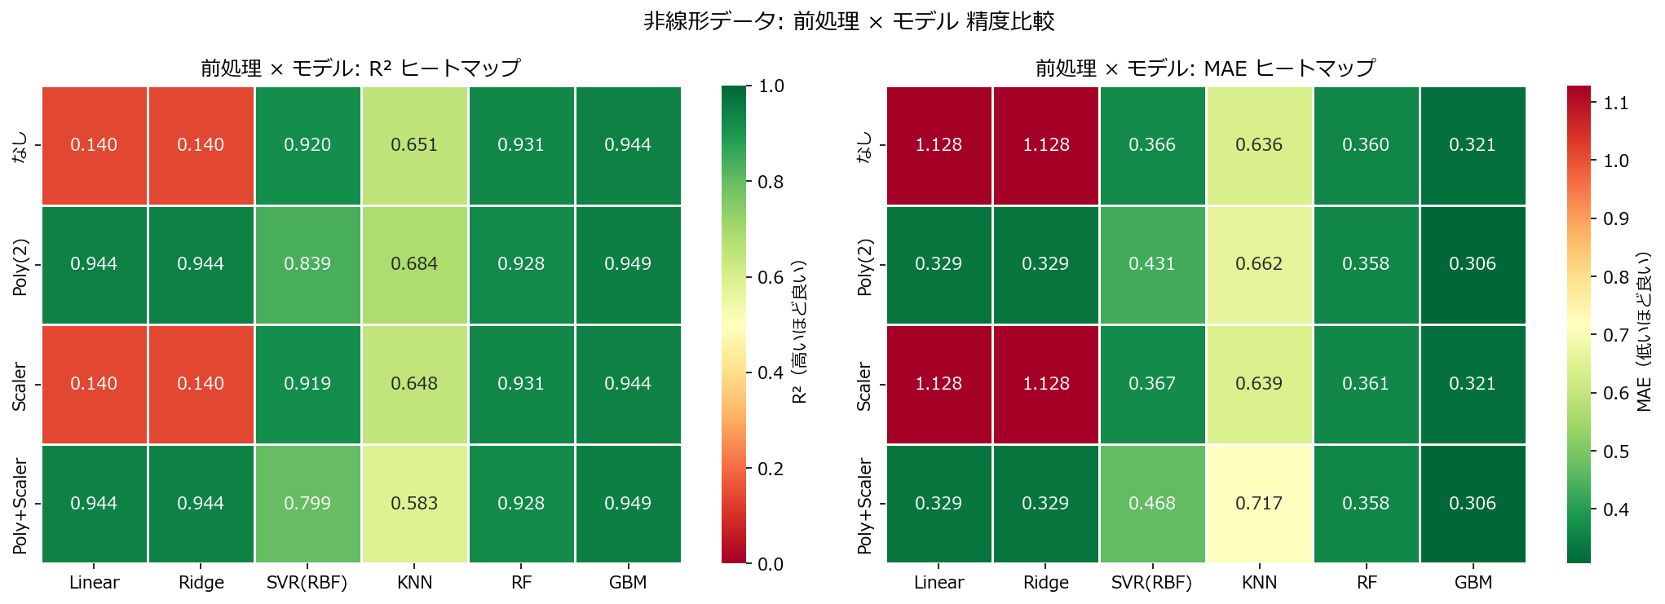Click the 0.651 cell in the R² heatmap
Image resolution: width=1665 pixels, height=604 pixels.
coord(414,145)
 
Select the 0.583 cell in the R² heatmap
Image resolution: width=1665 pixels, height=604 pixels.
coord(414,504)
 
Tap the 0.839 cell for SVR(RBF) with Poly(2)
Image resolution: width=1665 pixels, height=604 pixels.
coord(307,264)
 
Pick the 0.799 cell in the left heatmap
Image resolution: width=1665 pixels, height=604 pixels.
coord(307,504)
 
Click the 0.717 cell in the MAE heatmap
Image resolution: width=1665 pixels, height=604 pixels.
coord(1259,504)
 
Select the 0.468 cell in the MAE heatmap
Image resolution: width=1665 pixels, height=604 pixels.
coord(1152,504)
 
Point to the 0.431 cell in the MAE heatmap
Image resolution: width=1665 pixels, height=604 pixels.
coord(1152,264)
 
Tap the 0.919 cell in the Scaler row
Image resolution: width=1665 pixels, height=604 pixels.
coord(307,384)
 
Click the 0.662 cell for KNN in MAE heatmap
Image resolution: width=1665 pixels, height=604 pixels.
coord(1259,264)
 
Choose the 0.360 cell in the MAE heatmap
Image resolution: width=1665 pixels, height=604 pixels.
coord(1366,145)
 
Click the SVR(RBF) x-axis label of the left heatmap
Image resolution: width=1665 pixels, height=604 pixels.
coord(307,583)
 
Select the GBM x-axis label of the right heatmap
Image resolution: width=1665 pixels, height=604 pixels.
coord(1473,583)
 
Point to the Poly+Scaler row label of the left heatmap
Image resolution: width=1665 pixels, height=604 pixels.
coord(20,505)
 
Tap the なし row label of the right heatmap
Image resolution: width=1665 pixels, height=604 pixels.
coord(865,147)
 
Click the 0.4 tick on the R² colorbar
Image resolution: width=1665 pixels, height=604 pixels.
coord(771,373)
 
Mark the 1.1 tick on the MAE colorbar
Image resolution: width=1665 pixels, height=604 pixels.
coord(1616,103)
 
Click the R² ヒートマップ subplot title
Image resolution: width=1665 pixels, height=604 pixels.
coord(360,68)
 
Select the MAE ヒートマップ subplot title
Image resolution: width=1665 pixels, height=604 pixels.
coord(1205,68)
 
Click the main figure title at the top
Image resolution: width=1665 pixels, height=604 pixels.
coord(849,21)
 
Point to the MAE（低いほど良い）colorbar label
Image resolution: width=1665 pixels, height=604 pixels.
coord(1644,330)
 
